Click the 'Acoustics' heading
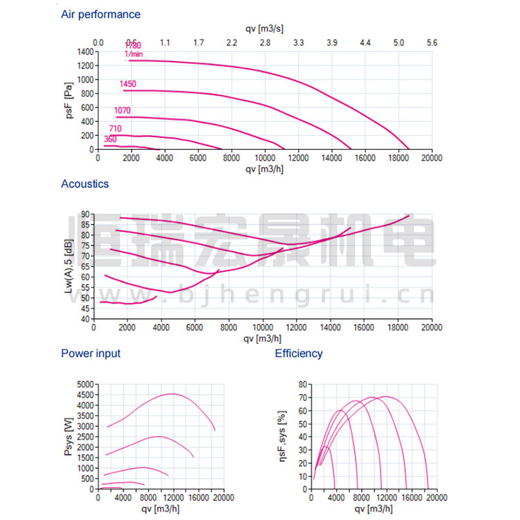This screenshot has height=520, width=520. coord(85,184)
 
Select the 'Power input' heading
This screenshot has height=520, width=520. coord(91,354)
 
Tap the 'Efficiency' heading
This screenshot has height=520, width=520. coord(299,354)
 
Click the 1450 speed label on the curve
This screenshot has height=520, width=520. coord(128,85)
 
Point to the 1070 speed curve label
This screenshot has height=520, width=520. coord(122,111)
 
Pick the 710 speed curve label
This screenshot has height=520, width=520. coord(115,129)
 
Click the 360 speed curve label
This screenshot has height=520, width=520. coord(110,139)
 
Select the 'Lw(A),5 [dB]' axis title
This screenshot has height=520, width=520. coord(70,267)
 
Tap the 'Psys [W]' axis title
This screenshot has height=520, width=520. coord(67,437)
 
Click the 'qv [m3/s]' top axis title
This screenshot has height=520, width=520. coord(264,28)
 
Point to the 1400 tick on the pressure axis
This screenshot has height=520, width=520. coord(85,51)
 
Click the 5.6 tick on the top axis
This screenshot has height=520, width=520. coord(432,43)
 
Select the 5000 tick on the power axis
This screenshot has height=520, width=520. coord(84,384)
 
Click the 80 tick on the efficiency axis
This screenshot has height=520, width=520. coord(302,384)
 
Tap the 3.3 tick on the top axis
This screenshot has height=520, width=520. coord(298,43)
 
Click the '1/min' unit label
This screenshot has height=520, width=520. coord(134,53)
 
